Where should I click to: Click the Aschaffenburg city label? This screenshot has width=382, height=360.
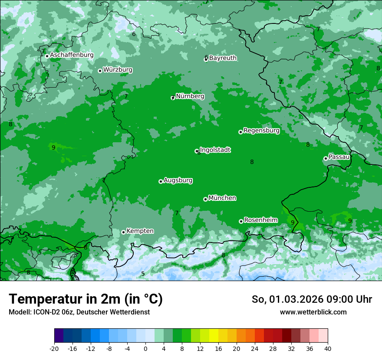72,55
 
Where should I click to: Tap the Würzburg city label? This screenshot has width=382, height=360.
118,70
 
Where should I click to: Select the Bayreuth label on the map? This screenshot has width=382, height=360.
223,58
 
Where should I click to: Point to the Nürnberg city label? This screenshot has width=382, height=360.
190,96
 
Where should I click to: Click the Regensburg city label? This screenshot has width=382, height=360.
261,131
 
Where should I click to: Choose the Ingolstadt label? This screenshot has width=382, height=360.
215,150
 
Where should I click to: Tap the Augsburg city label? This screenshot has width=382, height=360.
178,180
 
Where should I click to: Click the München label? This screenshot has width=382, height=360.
222,198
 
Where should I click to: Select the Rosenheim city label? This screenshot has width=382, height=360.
260,220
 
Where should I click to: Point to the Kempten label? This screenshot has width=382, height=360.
140,231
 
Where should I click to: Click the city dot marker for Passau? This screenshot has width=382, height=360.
326,158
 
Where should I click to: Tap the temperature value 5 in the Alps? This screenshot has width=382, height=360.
143,274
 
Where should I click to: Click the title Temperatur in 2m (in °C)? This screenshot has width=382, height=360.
86,299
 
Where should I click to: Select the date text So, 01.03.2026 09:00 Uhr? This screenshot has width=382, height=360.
312,299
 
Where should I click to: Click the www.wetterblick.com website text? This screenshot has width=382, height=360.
313,312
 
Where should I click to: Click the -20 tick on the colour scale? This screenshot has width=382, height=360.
54,349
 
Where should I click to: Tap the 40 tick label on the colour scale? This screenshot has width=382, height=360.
328,349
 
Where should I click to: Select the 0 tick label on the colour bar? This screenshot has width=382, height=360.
145,349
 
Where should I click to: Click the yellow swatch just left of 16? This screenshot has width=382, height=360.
213,336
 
